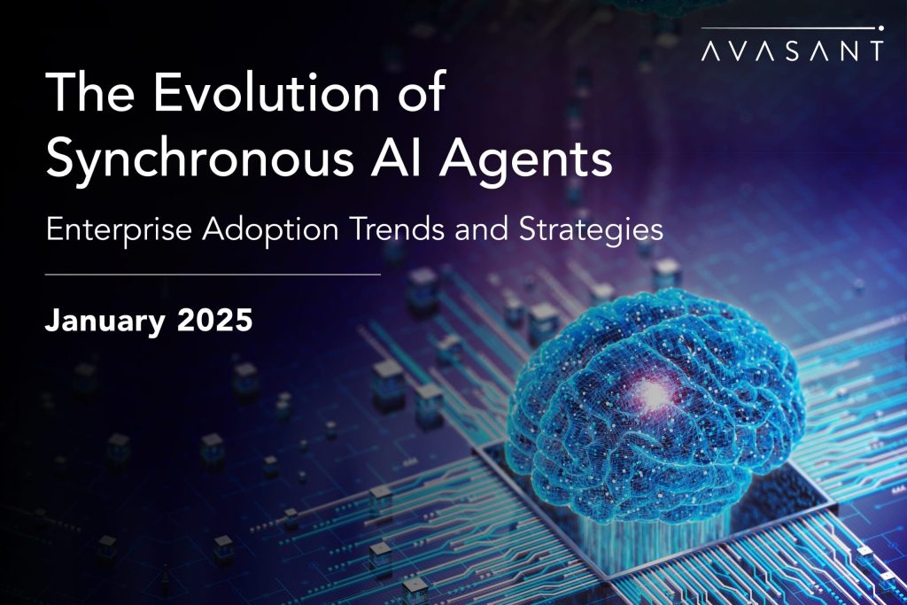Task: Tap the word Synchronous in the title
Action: pyautogui.click(x=199, y=160)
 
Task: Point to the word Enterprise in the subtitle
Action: pyautogui.click(x=119, y=230)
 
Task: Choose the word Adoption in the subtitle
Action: pyautogui.click(x=270, y=230)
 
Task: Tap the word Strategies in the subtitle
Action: pyautogui.click(x=590, y=230)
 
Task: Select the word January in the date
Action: pyautogui.click(x=105, y=321)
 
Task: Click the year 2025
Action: pyautogui.click(x=215, y=319)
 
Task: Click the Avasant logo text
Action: pyautogui.click(x=792, y=50)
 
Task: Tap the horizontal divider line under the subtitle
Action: pyautogui.click(x=213, y=275)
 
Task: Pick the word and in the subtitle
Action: pyautogui.click(x=483, y=229)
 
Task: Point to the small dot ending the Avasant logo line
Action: pyautogui.click(x=880, y=27)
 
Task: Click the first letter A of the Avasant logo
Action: pyautogui.click(x=711, y=50)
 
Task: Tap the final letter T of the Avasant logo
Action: pyautogui.click(x=875, y=50)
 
